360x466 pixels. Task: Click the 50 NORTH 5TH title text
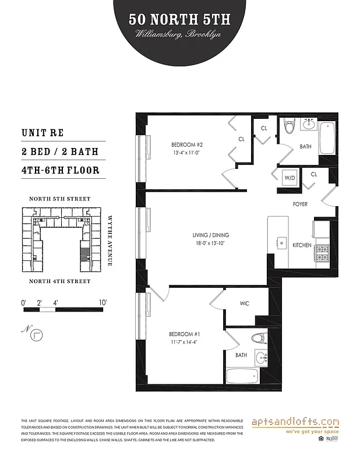[x=179, y=20]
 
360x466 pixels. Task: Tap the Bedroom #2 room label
[x=186, y=144]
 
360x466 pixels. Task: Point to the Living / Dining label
[x=209, y=235]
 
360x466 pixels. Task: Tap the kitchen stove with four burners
[x=322, y=252]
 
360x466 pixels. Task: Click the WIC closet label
[x=245, y=303]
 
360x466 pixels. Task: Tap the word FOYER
[x=300, y=204]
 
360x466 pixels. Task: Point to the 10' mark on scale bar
[x=104, y=303]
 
